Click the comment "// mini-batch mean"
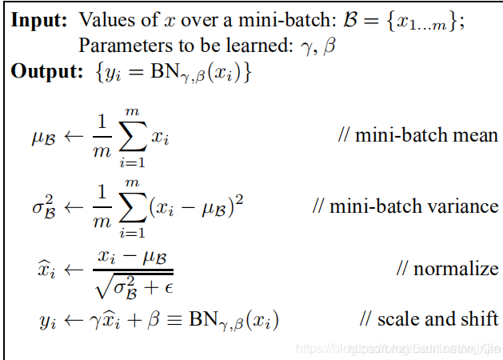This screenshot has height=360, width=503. click(418, 134)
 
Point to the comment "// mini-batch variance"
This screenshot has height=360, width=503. click(405, 206)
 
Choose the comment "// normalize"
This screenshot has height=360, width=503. click(447, 267)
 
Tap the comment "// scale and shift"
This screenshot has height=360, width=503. click(429, 319)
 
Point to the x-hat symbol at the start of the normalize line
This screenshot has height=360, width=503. click(47, 270)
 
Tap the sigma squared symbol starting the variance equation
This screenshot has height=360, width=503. click(45, 207)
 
